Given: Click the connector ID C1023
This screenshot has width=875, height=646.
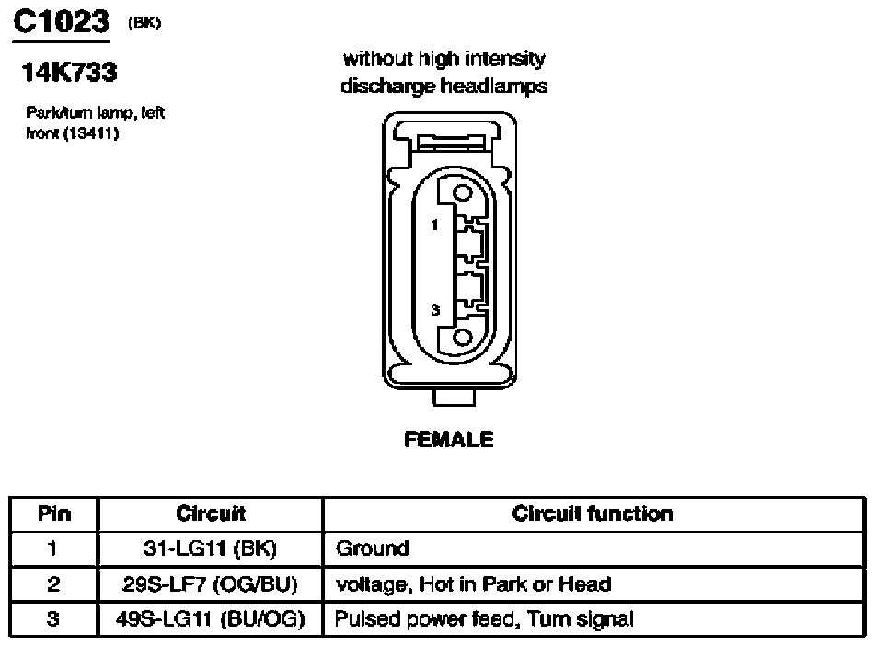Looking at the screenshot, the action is (61, 22).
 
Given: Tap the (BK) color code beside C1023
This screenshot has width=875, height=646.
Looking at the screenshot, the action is (144, 23).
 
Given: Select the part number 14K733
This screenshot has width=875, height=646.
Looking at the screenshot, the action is (69, 72).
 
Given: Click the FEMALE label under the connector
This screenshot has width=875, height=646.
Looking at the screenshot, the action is (449, 440).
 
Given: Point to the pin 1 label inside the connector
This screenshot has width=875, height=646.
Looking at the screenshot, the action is (434, 225).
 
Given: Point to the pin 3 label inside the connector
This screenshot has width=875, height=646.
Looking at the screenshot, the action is (435, 309).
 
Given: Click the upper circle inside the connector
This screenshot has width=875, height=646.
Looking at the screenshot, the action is (463, 193).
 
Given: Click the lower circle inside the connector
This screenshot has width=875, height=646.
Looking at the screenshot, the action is (463, 338).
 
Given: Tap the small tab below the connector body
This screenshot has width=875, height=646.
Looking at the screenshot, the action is (455, 398).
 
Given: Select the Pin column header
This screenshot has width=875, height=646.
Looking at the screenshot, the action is (54, 513).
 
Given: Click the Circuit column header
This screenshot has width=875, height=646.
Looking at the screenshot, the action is (211, 513).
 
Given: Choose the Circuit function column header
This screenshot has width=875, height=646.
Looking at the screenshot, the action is (593, 513).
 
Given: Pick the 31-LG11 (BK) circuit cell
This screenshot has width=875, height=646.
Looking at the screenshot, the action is (211, 548).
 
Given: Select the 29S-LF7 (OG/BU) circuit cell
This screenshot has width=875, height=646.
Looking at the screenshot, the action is (211, 584).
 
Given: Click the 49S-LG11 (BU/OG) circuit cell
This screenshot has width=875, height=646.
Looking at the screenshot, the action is (211, 619).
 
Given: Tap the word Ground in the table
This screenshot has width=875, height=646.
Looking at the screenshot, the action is (373, 548).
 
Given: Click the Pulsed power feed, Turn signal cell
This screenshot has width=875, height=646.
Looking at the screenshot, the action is (484, 619).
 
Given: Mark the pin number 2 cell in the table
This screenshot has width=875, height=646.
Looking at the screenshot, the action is (53, 584).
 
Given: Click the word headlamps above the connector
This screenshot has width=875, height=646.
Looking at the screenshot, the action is (494, 86).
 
